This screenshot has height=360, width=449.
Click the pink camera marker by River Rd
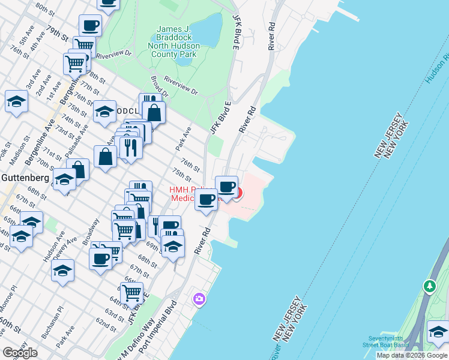(199, 298)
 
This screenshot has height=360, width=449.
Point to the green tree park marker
(429, 286)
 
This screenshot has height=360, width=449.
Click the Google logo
(20, 353)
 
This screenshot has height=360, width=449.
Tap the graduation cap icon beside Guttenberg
(64, 179)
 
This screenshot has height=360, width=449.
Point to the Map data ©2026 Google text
(412, 355)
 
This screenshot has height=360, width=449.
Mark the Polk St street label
(7, 146)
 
